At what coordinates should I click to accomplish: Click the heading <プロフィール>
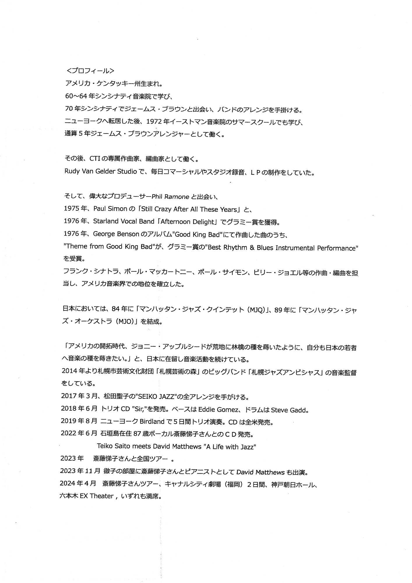90,71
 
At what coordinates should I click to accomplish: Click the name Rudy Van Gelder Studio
101,171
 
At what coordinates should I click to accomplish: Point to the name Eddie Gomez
218,410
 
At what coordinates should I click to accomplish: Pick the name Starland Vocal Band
124,222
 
